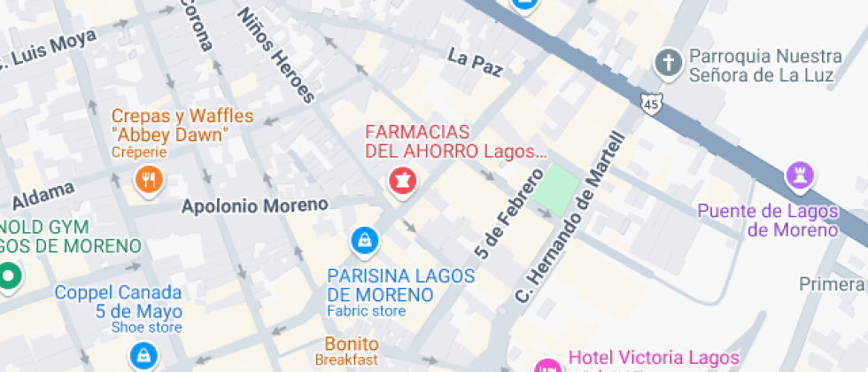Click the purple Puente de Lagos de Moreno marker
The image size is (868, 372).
pyautogui.click(x=801, y=175)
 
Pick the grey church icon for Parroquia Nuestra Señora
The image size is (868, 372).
pyautogui.click(x=666, y=63)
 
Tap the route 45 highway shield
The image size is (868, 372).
pyautogui.click(x=652, y=102)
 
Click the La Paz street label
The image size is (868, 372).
pyautogui.click(x=475, y=63)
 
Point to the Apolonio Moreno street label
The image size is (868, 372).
pyautogui.click(x=254, y=205)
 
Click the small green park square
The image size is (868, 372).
pyautogui.click(x=555, y=189)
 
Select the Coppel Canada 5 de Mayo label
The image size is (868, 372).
pyautogui.click(x=119, y=302)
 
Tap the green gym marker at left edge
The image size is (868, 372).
pyautogui.click(x=9, y=275)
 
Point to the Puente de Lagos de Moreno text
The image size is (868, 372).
pyautogui.click(x=767, y=221)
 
